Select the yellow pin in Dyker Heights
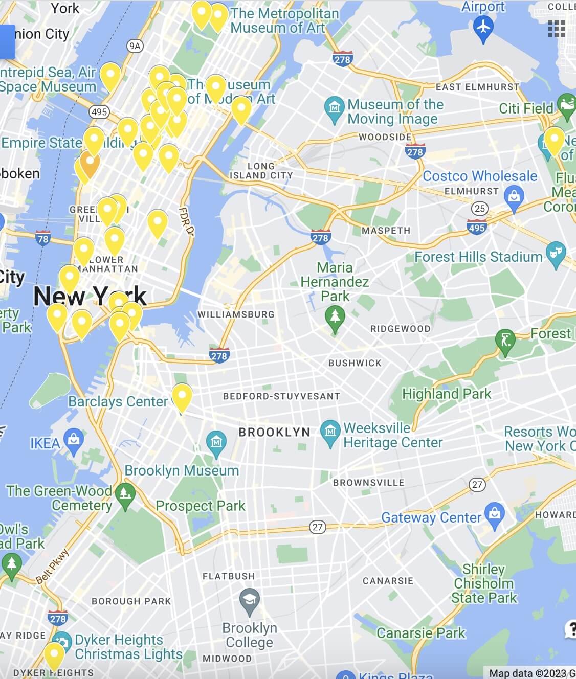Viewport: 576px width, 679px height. (54, 655)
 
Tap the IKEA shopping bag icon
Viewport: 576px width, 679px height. (74, 440)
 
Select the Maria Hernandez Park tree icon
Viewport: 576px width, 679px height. (335, 317)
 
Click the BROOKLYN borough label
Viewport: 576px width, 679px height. (274, 432)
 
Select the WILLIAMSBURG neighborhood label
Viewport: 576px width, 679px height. (236, 314)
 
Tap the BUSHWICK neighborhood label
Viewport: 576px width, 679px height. (355, 363)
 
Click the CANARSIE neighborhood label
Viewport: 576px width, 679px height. (388, 581)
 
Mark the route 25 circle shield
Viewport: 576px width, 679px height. (479, 209)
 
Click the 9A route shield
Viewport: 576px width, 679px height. (135, 46)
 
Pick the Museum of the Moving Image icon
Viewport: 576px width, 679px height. (334, 108)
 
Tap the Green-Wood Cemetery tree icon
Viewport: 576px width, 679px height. (125, 494)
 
